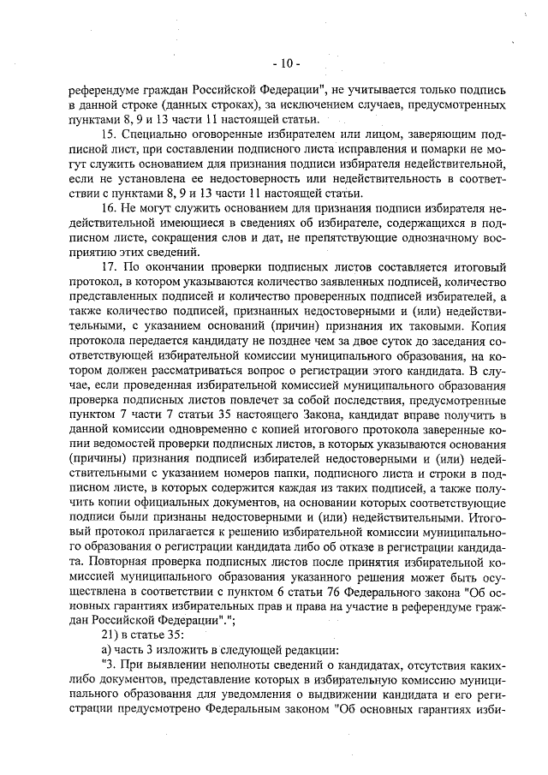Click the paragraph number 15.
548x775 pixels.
pyautogui.click(x=109, y=134)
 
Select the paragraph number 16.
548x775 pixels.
pyautogui.click(x=109, y=210)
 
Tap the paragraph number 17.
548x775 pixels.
pyautogui.click(x=109, y=269)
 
